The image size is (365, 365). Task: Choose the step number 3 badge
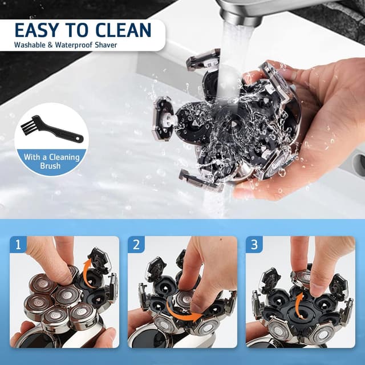[x=254, y=245]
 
